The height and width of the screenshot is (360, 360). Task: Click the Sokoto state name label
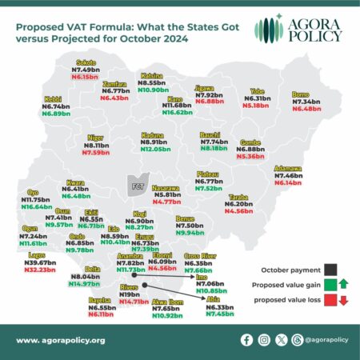point(86,62)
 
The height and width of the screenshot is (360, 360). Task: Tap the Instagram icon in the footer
point(265,340)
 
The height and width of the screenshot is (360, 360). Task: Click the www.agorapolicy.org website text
point(60,341)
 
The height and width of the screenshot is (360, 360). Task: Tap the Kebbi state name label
point(54,99)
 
